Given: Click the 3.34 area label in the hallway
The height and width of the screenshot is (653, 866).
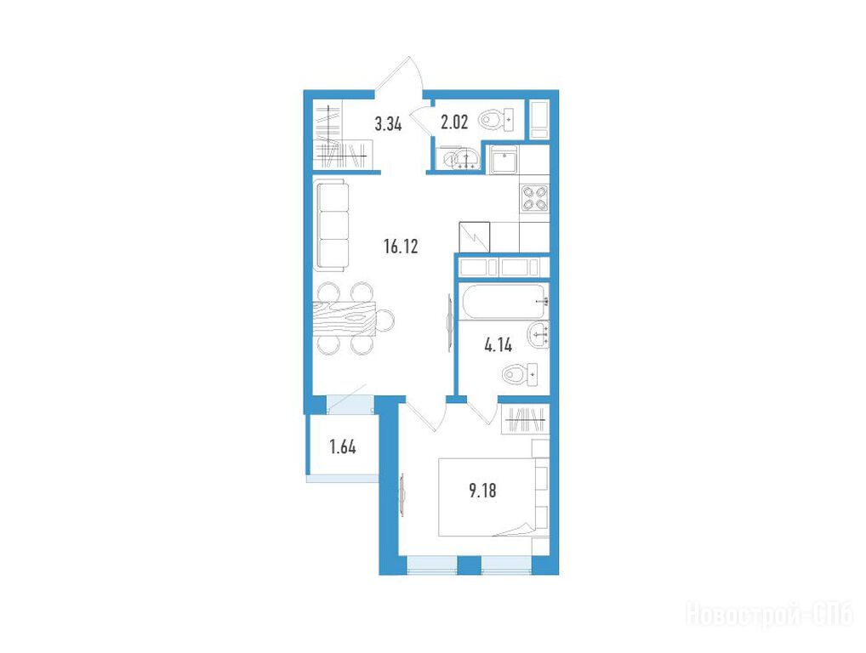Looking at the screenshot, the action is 388,124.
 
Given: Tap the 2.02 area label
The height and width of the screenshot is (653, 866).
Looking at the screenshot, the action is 454,122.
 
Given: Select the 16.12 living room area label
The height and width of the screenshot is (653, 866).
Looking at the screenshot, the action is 401,247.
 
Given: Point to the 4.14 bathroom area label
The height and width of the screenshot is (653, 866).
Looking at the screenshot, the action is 499,345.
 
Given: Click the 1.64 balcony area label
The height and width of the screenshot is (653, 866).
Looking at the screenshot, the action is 343,446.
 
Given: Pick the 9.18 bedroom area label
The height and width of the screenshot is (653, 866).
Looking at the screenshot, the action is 482,490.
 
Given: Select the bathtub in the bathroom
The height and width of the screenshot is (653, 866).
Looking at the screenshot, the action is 504,301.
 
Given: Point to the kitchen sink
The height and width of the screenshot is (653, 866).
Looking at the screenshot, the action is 503,160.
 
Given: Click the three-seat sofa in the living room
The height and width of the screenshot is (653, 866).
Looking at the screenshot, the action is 332,226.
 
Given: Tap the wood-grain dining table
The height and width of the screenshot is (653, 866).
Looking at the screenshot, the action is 344,319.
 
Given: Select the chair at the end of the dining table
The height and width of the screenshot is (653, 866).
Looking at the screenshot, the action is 385,319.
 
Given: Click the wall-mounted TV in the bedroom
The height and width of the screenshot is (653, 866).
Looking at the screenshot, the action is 402,495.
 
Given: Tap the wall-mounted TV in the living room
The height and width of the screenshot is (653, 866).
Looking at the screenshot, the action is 449,323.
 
